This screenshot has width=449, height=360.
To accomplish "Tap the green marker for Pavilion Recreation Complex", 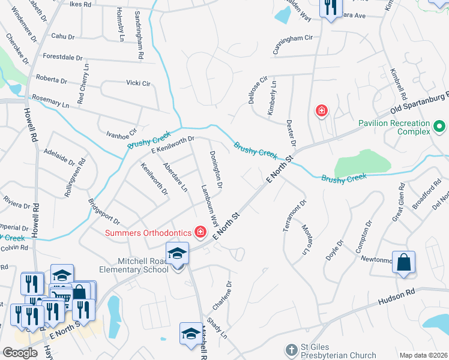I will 439,127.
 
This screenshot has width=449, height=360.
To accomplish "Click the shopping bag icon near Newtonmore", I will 403,262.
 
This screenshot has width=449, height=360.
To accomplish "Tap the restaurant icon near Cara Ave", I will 329,8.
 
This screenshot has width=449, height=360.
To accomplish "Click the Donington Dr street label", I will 216,169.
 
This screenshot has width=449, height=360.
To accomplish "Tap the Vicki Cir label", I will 137,83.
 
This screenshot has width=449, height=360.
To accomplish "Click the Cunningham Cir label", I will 293,45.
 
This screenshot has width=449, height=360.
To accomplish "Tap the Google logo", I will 20,352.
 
